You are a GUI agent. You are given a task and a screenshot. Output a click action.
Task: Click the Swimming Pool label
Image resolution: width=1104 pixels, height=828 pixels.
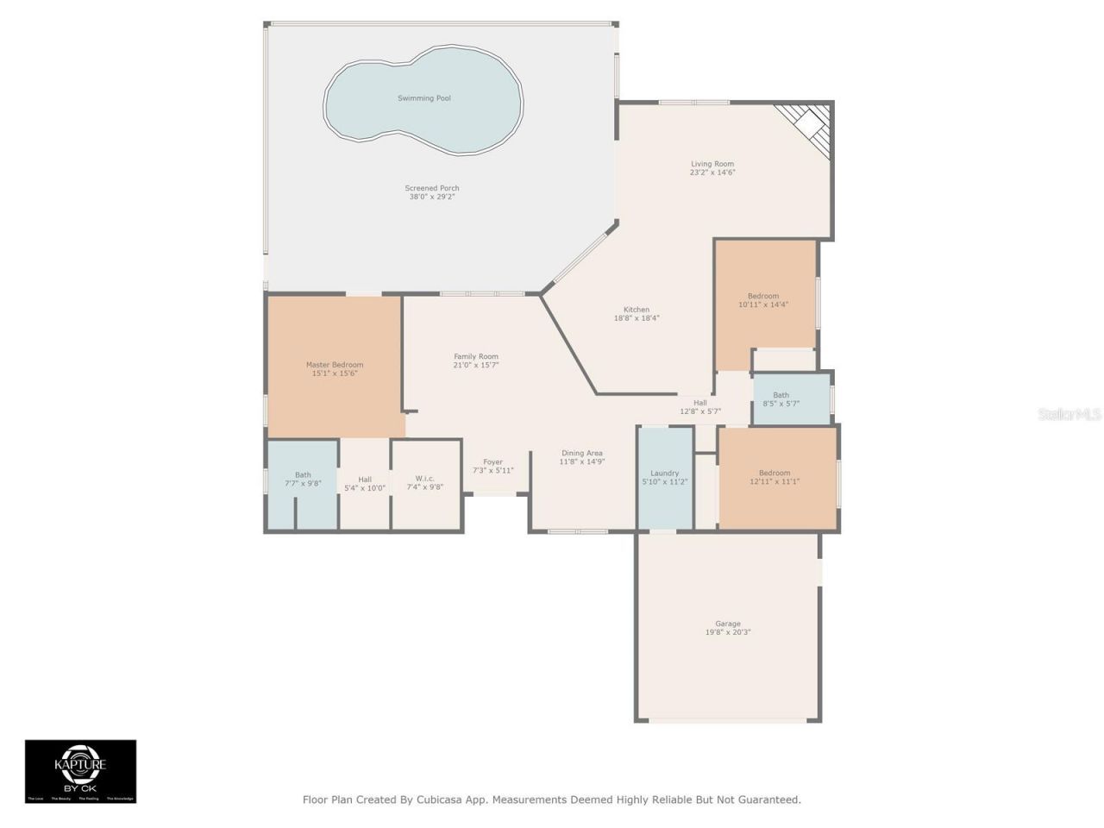click(423, 98)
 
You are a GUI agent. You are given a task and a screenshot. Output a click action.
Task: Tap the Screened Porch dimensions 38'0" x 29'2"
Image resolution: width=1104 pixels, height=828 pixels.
click(432, 197)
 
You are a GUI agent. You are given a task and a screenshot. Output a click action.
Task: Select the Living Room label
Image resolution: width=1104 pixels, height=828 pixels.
click(712, 164)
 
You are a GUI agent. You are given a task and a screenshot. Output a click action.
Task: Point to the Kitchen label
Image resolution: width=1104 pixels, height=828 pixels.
click(637, 310)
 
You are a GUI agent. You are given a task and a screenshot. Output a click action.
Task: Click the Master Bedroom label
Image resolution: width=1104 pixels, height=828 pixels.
click(335, 365)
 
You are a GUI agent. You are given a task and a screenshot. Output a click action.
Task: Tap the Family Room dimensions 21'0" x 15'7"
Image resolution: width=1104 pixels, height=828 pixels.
click(476, 366)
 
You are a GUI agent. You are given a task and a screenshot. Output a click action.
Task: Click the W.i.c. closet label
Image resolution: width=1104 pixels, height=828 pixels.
click(425, 479)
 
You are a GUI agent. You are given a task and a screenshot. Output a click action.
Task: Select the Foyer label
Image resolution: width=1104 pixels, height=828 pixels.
click(492, 462)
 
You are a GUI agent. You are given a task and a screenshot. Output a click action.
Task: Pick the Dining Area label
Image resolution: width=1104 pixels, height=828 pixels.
click(582, 453)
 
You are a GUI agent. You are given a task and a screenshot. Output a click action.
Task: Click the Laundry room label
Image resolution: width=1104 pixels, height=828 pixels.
click(664, 474)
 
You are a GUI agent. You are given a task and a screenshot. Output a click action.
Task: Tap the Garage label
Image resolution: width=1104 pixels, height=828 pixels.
click(728, 624)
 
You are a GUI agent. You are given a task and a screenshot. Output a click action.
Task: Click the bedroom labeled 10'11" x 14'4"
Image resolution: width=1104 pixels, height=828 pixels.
click(763, 300)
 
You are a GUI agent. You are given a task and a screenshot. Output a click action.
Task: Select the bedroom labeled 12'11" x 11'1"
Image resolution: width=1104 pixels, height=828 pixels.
click(775, 477)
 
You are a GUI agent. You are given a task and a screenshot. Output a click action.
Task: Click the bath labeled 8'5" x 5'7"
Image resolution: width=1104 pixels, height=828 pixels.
click(781, 399)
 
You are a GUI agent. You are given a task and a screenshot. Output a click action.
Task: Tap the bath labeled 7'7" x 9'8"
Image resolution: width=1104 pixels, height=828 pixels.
click(303, 479)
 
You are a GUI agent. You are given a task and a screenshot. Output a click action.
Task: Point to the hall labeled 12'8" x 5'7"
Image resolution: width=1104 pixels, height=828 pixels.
click(699, 407)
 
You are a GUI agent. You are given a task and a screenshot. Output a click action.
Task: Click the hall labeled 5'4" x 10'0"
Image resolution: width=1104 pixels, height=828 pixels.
click(365, 483)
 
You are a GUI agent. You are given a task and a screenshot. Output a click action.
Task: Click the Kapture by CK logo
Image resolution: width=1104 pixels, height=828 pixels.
click(80, 770)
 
